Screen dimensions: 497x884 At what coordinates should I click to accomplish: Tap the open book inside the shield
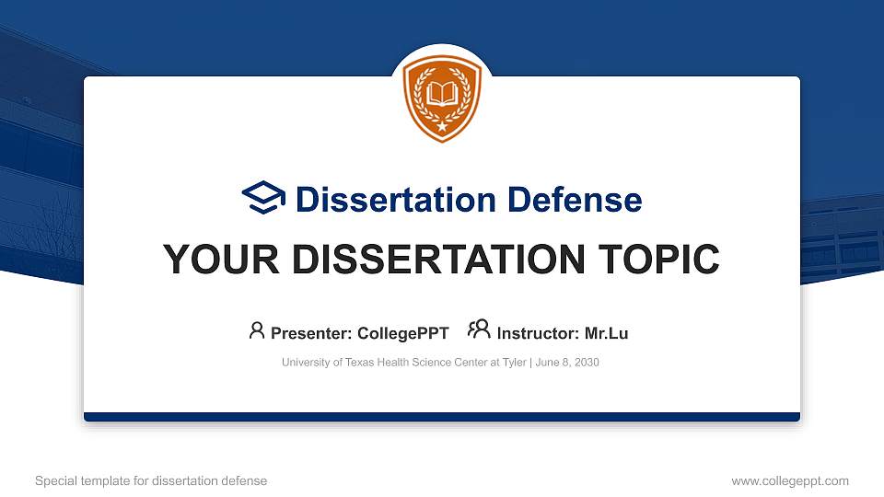pyautogui.click(x=442, y=94)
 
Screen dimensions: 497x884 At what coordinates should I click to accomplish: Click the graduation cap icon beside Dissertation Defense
pyautogui.click(x=263, y=199)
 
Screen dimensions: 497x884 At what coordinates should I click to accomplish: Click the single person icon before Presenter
pyautogui.click(x=257, y=330)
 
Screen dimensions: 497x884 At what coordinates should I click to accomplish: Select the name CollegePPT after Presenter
pyautogui.click(x=403, y=333)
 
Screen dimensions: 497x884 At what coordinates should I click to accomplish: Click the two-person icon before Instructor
pyautogui.click(x=479, y=330)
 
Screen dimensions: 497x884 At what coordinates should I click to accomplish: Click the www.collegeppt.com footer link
pyautogui.click(x=790, y=480)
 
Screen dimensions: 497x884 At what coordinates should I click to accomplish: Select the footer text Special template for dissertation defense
pyautogui.click(x=151, y=480)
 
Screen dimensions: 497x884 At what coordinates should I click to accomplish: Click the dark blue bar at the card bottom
pyautogui.click(x=442, y=417)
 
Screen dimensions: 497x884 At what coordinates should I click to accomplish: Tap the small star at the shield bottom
pyautogui.click(x=442, y=125)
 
